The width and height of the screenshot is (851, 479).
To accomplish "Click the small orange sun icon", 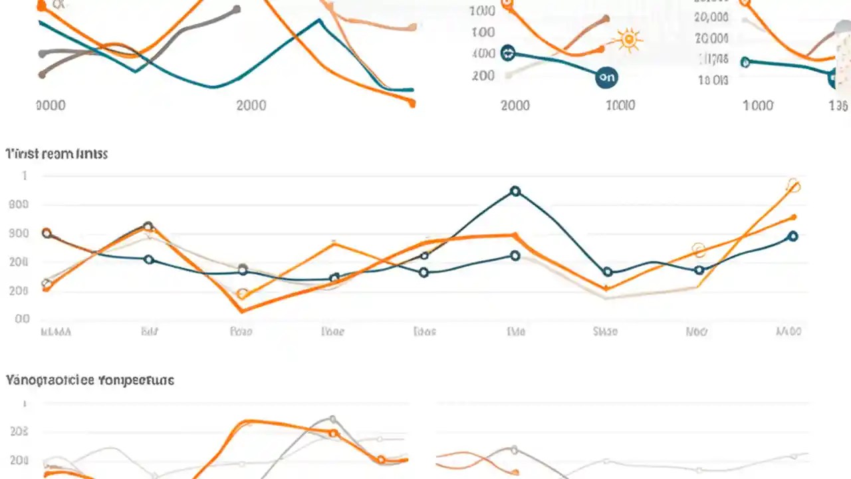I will [x=628, y=41].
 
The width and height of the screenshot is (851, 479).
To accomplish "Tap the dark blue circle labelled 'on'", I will [x=606, y=77].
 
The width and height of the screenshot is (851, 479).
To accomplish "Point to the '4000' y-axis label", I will [x=483, y=54].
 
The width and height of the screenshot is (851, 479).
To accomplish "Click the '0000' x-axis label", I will [x=50, y=105].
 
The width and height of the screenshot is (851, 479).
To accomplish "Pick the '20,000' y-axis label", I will [x=711, y=17].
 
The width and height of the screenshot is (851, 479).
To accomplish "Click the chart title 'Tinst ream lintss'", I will [x=57, y=154].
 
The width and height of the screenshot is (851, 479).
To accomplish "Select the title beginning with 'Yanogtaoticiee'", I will [x=90, y=381].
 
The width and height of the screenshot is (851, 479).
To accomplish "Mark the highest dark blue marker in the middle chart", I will [x=515, y=191].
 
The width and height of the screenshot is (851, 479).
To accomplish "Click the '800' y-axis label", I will [x=19, y=204].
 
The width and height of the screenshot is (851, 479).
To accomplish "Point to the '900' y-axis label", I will [x=19, y=234].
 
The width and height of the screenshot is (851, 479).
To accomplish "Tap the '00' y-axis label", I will [x=22, y=319].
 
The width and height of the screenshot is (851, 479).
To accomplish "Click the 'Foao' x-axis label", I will [x=241, y=331].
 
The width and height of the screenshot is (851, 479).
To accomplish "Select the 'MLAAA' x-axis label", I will [x=56, y=331].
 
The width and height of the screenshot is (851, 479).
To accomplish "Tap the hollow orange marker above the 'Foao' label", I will [x=243, y=294].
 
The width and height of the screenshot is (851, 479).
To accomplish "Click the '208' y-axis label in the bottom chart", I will [x=19, y=432].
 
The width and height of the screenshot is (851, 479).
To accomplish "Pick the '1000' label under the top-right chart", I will [x=758, y=105].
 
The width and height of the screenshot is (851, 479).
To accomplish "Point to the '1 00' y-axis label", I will [x=483, y=33].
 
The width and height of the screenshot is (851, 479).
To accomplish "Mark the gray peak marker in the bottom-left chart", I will [x=332, y=420].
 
